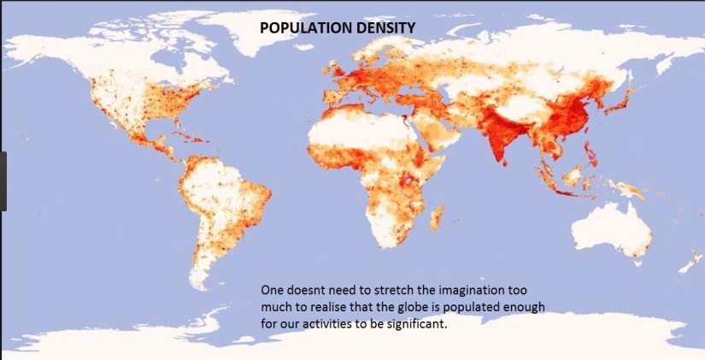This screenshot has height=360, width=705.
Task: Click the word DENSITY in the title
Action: (x=387, y=27)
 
